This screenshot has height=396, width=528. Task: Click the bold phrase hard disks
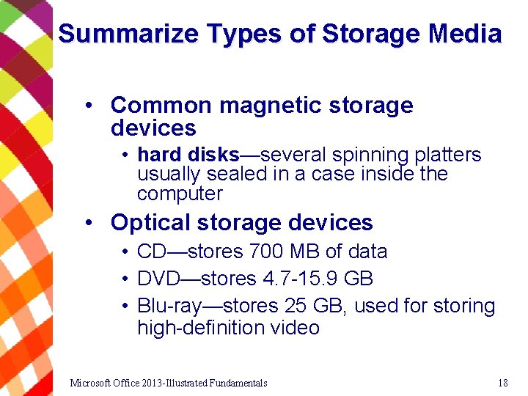coord(188,155)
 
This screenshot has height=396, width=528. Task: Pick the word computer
coord(180,194)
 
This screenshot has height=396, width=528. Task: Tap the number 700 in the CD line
coord(266,252)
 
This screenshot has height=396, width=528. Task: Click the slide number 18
coord(502,383)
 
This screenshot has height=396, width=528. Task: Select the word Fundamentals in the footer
coord(238,383)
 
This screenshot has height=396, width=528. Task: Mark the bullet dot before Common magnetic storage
coord(88,105)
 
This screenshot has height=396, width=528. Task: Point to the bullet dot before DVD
coord(126,279)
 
